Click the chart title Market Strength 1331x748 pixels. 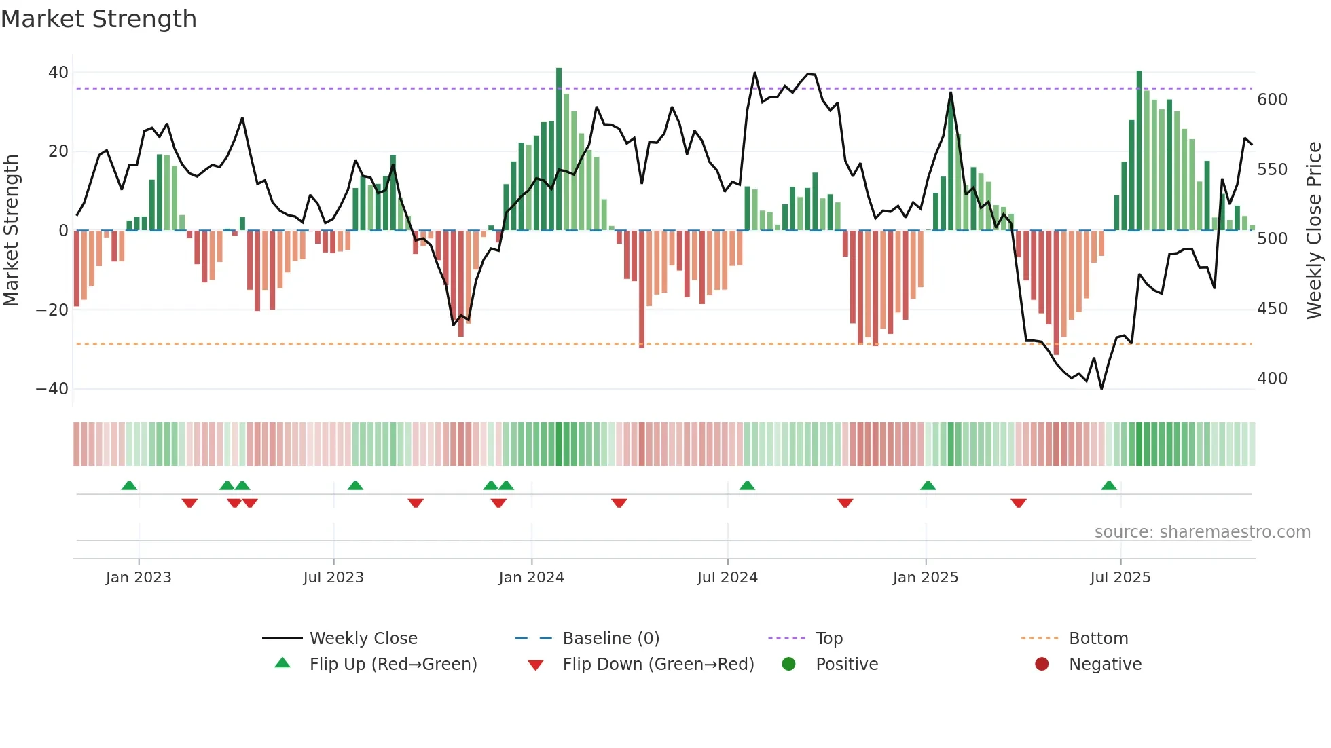(98, 19)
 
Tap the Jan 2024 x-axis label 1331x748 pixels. (531, 578)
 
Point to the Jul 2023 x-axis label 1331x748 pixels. (333, 578)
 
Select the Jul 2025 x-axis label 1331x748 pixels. (1120, 578)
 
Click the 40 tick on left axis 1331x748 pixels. (58, 73)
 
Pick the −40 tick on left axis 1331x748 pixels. (52, 389)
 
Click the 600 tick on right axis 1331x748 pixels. (1272, 100)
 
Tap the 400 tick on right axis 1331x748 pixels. (1272, 379)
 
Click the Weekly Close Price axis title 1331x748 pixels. (1315, 231)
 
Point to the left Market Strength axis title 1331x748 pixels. (11, 231)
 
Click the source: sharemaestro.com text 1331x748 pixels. (1202, 532)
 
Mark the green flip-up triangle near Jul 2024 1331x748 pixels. (747, 486)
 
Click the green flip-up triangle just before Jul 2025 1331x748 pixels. (1109, 486)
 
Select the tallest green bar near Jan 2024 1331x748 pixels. (559, 149)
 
